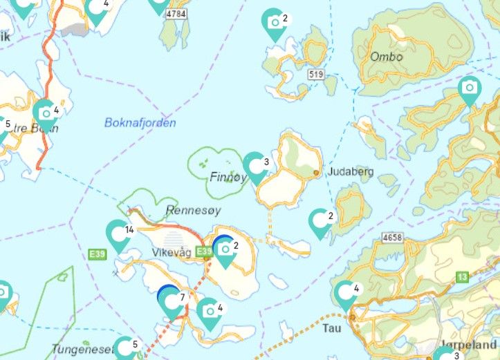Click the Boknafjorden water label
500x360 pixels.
pos(140,123)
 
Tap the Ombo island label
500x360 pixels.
pos(386,57)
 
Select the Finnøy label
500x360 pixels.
pos(228,177)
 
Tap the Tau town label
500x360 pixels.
pos(332,328)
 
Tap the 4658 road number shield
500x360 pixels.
pos(392,238)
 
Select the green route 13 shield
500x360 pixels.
pos(462,277)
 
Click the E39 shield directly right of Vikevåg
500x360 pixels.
pos(203,252)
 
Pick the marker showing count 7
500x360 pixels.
pos(170,301)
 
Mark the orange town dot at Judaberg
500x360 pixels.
pos(316,172)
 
